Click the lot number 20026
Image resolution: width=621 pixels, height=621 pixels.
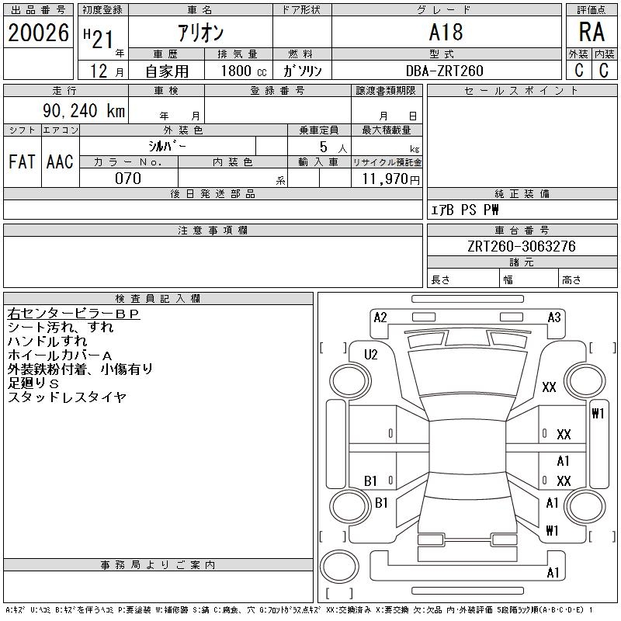point(38,33)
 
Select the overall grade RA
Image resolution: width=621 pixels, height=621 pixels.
point(592,32)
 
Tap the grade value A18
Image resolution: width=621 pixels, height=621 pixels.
point(446,32)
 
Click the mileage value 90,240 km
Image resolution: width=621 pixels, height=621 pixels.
point(84,110)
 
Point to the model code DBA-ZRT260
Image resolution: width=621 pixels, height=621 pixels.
point(444,71)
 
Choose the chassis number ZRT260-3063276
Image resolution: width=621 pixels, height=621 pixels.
point(521,246)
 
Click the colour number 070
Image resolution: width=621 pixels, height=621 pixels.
point(128,179)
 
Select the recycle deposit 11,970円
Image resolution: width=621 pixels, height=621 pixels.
point(390,179)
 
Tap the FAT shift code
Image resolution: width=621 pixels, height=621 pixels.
point(22,161)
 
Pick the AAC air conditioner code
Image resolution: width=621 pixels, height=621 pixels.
point(60,161)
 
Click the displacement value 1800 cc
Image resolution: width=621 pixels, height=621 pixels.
point(244,71)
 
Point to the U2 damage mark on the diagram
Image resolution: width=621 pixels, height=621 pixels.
point(371,355)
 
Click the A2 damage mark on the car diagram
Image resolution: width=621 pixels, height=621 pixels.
point(380,317)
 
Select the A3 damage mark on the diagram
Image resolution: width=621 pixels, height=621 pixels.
point(554,317)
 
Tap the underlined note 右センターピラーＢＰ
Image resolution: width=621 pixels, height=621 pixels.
point(74,314)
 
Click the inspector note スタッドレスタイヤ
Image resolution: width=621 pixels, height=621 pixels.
point(67,397)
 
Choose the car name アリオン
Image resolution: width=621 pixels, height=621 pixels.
point(200,33)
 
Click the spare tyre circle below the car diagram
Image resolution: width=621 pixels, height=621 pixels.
point(339,567)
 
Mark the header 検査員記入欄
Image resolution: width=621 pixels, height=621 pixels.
point(158,298)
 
